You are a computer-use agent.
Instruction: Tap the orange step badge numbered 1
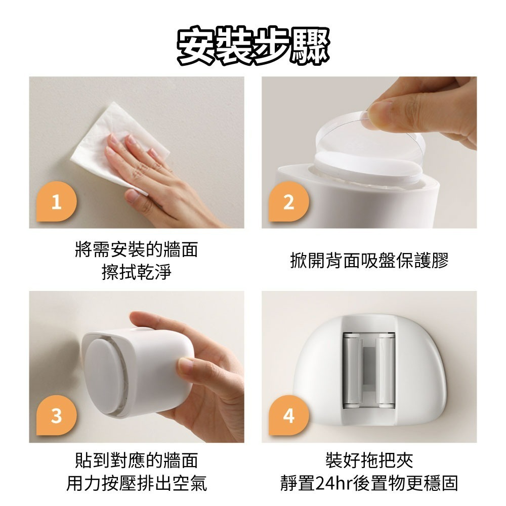[x=56, y=202]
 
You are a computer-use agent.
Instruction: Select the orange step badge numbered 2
[x=288, y=202]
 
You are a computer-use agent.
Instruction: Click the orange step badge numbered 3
[x=56, y=416]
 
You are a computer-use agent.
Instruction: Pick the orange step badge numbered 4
[x=288, y=416]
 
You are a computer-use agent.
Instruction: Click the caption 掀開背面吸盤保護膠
[x=369, y=261]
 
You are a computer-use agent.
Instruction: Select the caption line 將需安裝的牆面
[x=136, y=250]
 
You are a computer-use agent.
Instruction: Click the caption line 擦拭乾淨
[x=136, y=273]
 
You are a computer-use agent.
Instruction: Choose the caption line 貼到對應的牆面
[x=136, y=460]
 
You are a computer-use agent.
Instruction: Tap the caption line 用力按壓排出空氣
[x=136, y=483]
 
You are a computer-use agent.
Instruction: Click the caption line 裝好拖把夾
[x=369, y=460]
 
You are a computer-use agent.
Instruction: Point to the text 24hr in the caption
[x=331, y=483]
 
